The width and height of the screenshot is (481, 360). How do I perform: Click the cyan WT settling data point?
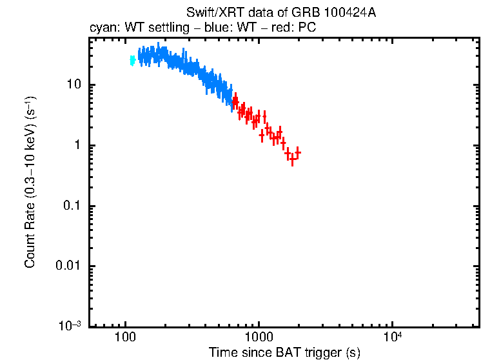tap(132, 61)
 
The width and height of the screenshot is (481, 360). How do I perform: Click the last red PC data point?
tap(297, 153)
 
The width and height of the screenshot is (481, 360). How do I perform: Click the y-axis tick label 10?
tap(74, 85)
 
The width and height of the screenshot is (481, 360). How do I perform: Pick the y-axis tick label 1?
tap(77, 146)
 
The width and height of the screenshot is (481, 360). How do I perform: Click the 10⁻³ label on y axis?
tap(70, 326)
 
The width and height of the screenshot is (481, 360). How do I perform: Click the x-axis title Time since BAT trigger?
tap(284, 353)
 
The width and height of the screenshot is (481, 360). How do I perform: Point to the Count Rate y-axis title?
tap(30, 182)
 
